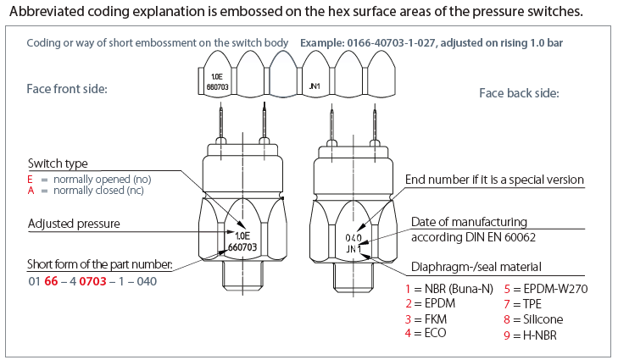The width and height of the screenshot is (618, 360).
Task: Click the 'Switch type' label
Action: (58, 163)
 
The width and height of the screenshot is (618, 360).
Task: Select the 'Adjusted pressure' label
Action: (72, 224)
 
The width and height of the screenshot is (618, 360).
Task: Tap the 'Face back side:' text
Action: (518, 93)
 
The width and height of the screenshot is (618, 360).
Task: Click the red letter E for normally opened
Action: (31, 180)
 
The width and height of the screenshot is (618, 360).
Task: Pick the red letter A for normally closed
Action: (31, 192)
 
